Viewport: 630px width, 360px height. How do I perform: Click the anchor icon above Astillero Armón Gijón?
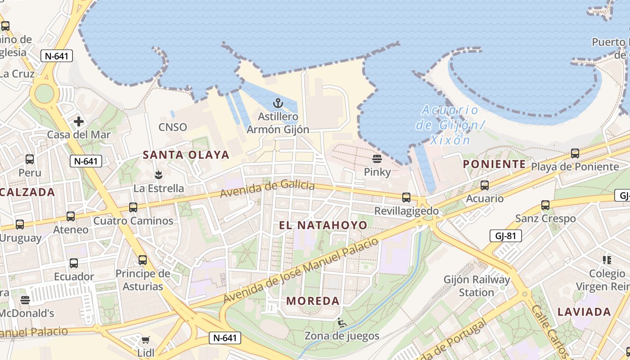click(x=278, y=103)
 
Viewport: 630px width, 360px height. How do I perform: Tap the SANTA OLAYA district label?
click(x=186, y=155)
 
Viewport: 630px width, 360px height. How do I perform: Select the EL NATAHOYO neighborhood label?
click(x=323, y=225)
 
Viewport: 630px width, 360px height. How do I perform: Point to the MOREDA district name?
click(x=313, y=301)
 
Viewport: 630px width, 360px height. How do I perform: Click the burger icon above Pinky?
click(x=377, y=158)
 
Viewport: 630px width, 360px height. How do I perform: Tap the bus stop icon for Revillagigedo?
click(x=406, y=197)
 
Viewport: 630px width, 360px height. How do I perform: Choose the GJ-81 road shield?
click(x=505, y=235)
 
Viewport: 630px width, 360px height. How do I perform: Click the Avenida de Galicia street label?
click(x=267, y=189)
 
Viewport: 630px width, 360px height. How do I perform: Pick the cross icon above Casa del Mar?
click(x=79, y=121)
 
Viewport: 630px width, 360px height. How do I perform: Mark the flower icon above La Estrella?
click(x=158, y=174)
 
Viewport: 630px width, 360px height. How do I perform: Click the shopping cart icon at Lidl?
click(x=145, y=340)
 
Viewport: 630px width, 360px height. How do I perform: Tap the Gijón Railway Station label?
click(x=477, y=286)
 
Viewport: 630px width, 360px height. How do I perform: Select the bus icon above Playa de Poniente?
click(x=575, y=153)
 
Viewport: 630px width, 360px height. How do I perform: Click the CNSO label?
click(x=172, y=127)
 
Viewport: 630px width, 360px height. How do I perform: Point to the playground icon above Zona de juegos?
click(x=342, y=322)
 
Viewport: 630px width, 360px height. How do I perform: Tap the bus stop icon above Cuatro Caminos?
click(x=133, y=207)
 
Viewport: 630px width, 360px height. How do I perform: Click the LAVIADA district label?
click(x=584, y=312)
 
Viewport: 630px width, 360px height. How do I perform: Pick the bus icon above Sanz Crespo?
click(x=545, y=205)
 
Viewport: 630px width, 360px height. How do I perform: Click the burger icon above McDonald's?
click(x=25, y=300)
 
